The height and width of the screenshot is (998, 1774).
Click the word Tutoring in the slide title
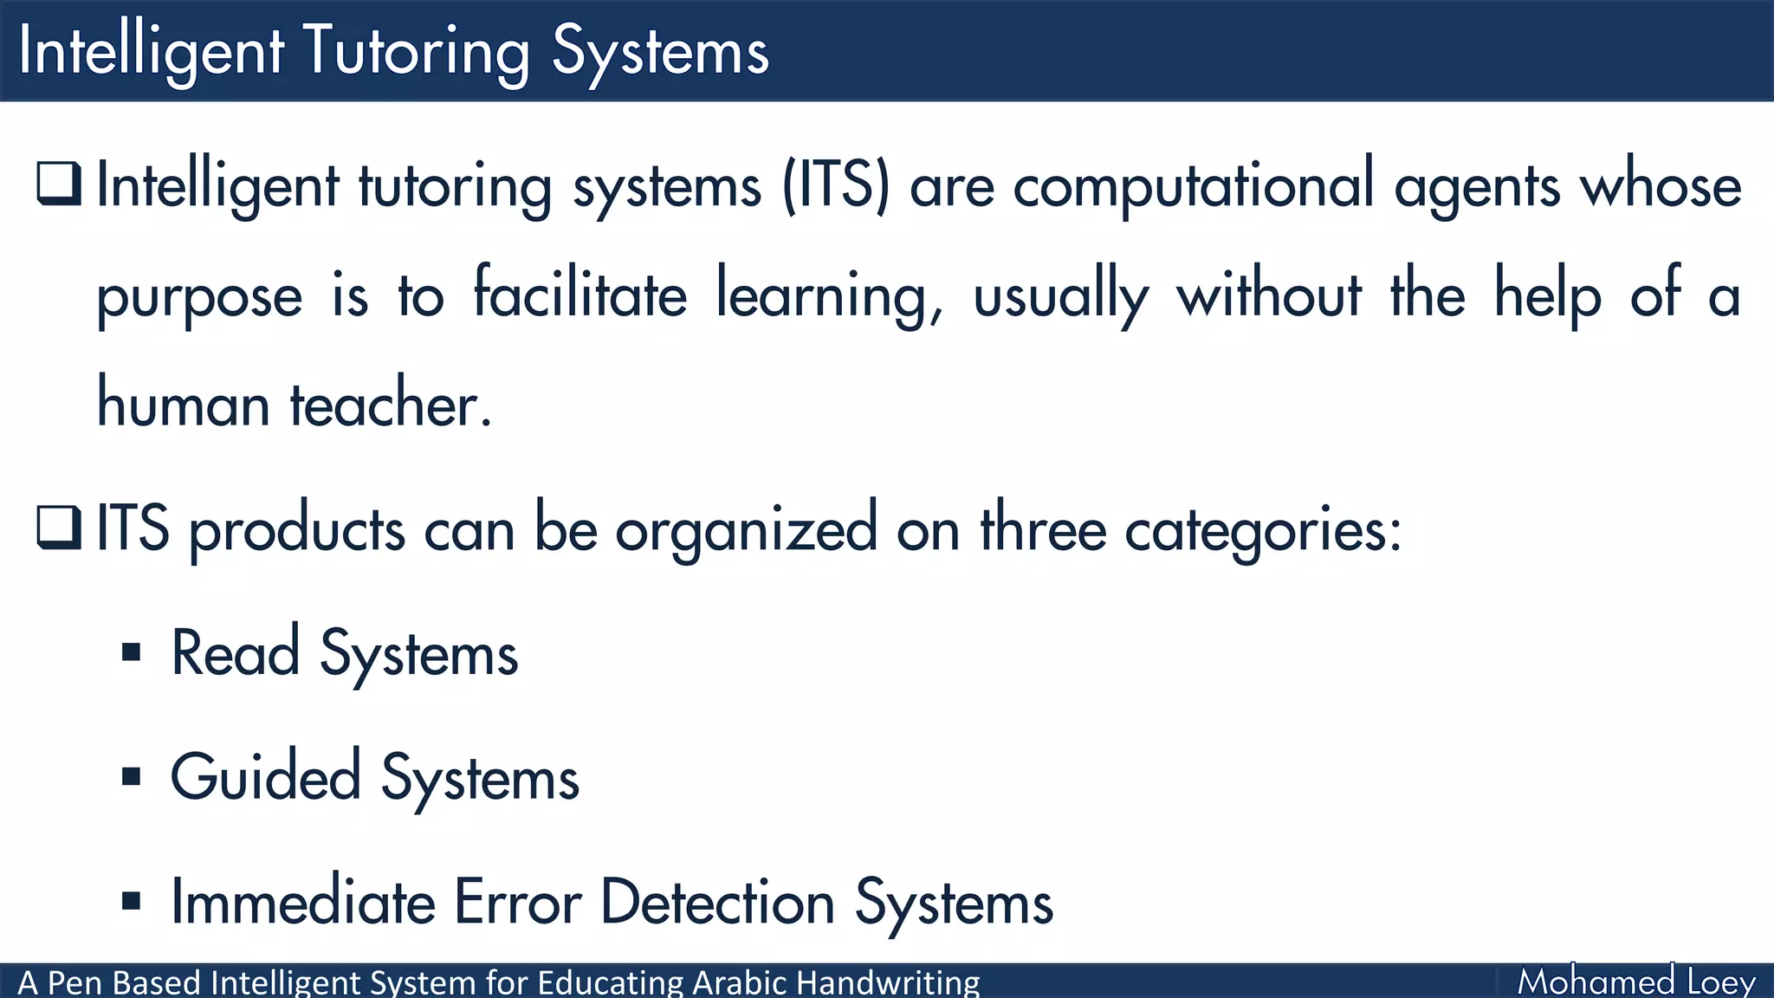tap(417, 52)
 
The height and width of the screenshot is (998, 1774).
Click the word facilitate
tap(579, 295)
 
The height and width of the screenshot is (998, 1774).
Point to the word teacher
tap(390, 405)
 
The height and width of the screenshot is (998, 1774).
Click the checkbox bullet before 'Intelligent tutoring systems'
tap(59, 184)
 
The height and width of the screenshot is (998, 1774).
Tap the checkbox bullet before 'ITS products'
tap(59, 528)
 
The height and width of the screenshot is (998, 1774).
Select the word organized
tap(746, 529)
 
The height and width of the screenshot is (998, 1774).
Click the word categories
tap(1262, 529)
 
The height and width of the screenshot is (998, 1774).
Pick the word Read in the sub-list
tap(236, 653)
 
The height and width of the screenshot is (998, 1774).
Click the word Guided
tap(265, 777)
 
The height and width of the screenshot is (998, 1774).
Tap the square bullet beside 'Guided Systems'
tap(132, 776)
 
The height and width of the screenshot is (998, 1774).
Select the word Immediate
tap(303, 902)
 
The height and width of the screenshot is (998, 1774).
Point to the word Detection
tap(717, 902)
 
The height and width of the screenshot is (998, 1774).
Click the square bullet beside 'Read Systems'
tap(132, 652)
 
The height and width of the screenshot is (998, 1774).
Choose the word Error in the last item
tap(517, 902)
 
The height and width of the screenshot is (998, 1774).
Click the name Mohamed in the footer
tap(1596, 982)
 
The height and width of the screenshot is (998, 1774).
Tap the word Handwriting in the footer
tap(887, 983)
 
